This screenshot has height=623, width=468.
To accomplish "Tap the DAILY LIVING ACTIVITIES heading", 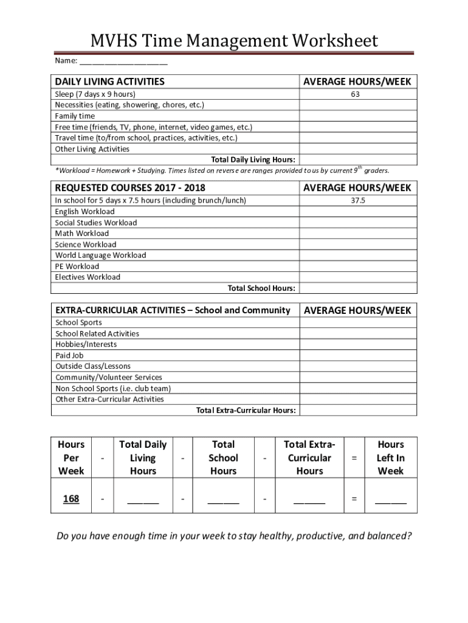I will click(109, 82).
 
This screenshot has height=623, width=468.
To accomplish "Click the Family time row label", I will click(75, 116).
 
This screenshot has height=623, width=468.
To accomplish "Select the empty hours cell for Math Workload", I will click(358, 234).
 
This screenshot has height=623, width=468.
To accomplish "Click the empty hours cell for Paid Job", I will click(358, 355).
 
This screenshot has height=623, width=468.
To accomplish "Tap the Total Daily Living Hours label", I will click(253, 159).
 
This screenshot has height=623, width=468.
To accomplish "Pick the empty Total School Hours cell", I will click(358, 288).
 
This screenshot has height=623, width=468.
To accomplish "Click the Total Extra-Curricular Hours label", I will click(246, 411).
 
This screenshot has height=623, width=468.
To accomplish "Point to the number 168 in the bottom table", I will click(71, 499).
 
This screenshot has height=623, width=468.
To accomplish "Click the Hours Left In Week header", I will click(390, 458).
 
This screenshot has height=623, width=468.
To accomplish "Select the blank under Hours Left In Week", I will click(390, 501).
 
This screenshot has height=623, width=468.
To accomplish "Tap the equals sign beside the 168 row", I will click(354, 499).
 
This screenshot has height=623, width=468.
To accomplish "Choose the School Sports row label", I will click(78, 322).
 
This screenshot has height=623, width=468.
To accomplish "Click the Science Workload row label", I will click(86, 245).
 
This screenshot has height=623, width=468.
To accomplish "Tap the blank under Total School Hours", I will click(223, 501).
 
